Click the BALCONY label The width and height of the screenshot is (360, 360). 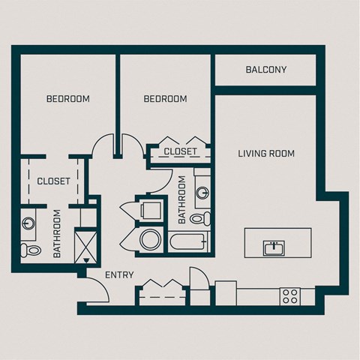coord(266,70)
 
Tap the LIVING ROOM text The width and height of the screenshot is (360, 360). coord(266,154)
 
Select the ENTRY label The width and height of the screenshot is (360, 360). coord(119,275)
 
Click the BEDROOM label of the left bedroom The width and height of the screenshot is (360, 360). coord(68,99)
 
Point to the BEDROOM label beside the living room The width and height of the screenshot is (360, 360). coord(165,99)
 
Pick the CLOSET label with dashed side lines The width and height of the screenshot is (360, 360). coord(53,181)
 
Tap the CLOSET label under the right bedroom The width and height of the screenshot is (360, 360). coord(180,151)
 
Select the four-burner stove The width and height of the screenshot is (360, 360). coord(289,295)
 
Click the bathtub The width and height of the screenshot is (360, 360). coord(187,241)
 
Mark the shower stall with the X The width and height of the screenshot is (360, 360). coord(88,244)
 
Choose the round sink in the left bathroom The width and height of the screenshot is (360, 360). coord(29,223)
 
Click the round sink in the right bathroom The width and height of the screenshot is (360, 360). coord(202,193)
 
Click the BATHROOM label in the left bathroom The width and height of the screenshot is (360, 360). coord(58,234)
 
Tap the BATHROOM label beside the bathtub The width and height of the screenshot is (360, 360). coord(181,199)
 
